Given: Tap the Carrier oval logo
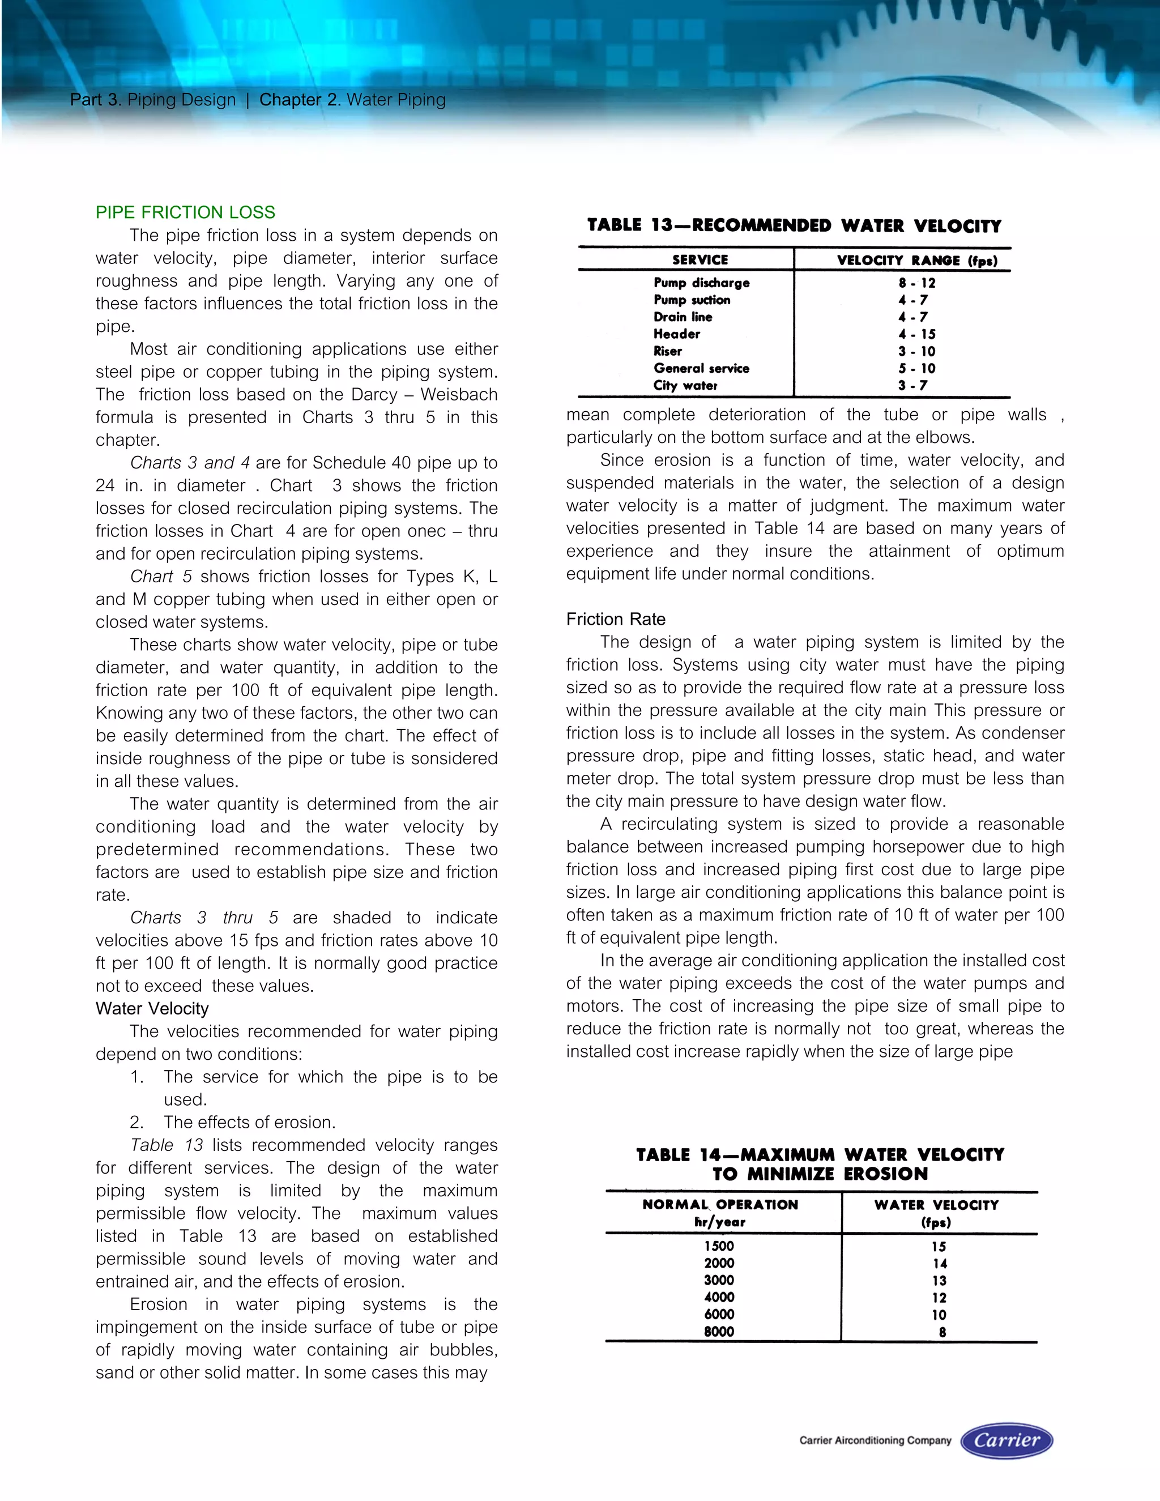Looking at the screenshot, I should pos(1006,1440).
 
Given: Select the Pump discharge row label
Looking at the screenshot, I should pos(701,283).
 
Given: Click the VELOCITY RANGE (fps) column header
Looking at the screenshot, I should pos(917,261).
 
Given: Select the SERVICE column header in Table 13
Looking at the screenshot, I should pos(700,260).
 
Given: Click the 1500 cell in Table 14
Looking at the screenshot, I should pos(719,1246).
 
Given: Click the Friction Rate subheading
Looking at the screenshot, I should pos(615,619).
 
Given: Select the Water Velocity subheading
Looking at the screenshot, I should pos(152,1008).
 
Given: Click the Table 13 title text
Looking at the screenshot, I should pos(794,226).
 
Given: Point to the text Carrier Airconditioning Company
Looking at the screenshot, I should pos(875,1440).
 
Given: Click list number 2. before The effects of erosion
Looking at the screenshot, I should pos(137,1122).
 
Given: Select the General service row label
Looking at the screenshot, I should pos(701,368).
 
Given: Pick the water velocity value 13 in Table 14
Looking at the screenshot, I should pos(939,1281).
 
